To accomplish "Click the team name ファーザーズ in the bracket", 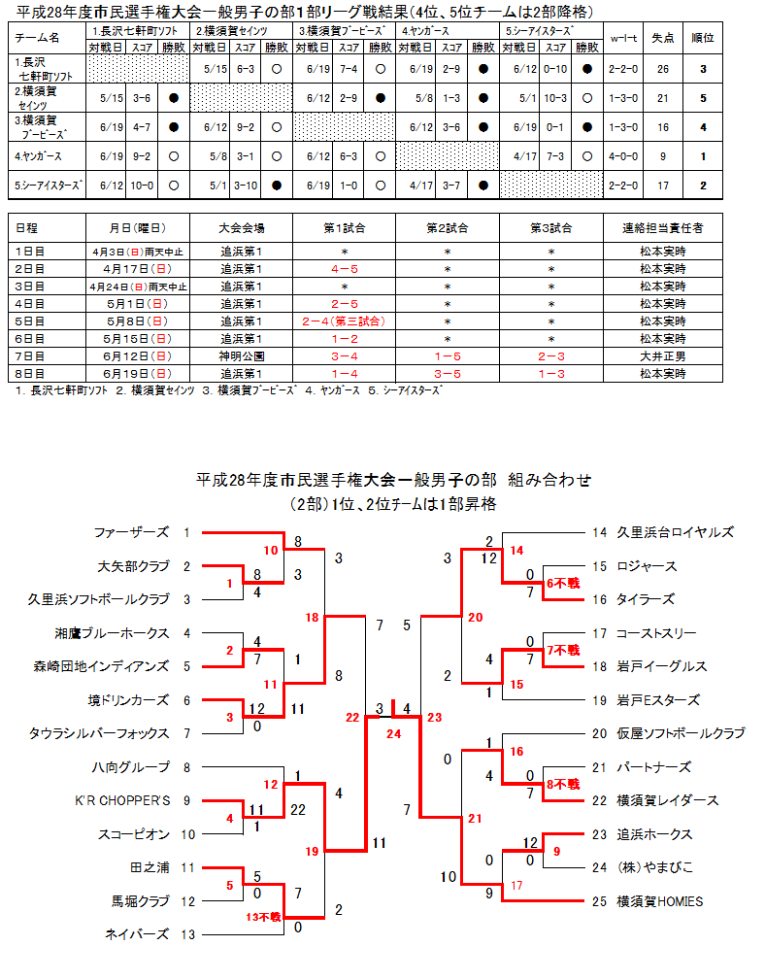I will point(131,532).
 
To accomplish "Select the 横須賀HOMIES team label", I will point(659,901).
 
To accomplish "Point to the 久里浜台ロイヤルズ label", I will point(675,532).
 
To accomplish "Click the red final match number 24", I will point(392,733).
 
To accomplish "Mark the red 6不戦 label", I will point(562,583).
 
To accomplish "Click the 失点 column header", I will point(663,37).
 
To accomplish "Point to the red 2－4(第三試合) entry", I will point(344,321).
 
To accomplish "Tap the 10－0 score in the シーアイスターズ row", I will point(141,185).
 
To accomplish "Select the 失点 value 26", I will point(663,70).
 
